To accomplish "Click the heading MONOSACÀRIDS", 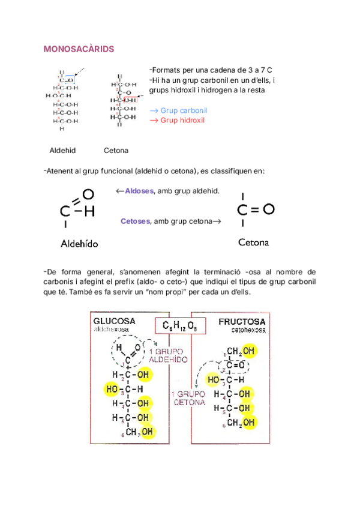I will tap(79, 49).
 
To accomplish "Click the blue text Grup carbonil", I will tap(184, 111).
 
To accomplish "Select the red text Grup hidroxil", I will tap(182, 120).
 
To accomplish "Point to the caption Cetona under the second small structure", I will tap(116, 150).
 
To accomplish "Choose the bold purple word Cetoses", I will tap(136, 221).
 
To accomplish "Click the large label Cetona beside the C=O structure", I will tap(253, 243).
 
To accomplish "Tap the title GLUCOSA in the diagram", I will tap(114, 321).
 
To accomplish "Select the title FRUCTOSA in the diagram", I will tap(242, 321).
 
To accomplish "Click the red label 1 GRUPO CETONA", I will tap(188, 398).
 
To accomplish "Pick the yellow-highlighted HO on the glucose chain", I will tap(112, 390).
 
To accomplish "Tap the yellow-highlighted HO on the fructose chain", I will tap(214, 379).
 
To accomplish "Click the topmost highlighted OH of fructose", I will tap(249, 351).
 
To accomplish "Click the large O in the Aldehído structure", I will tap(88, 194).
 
